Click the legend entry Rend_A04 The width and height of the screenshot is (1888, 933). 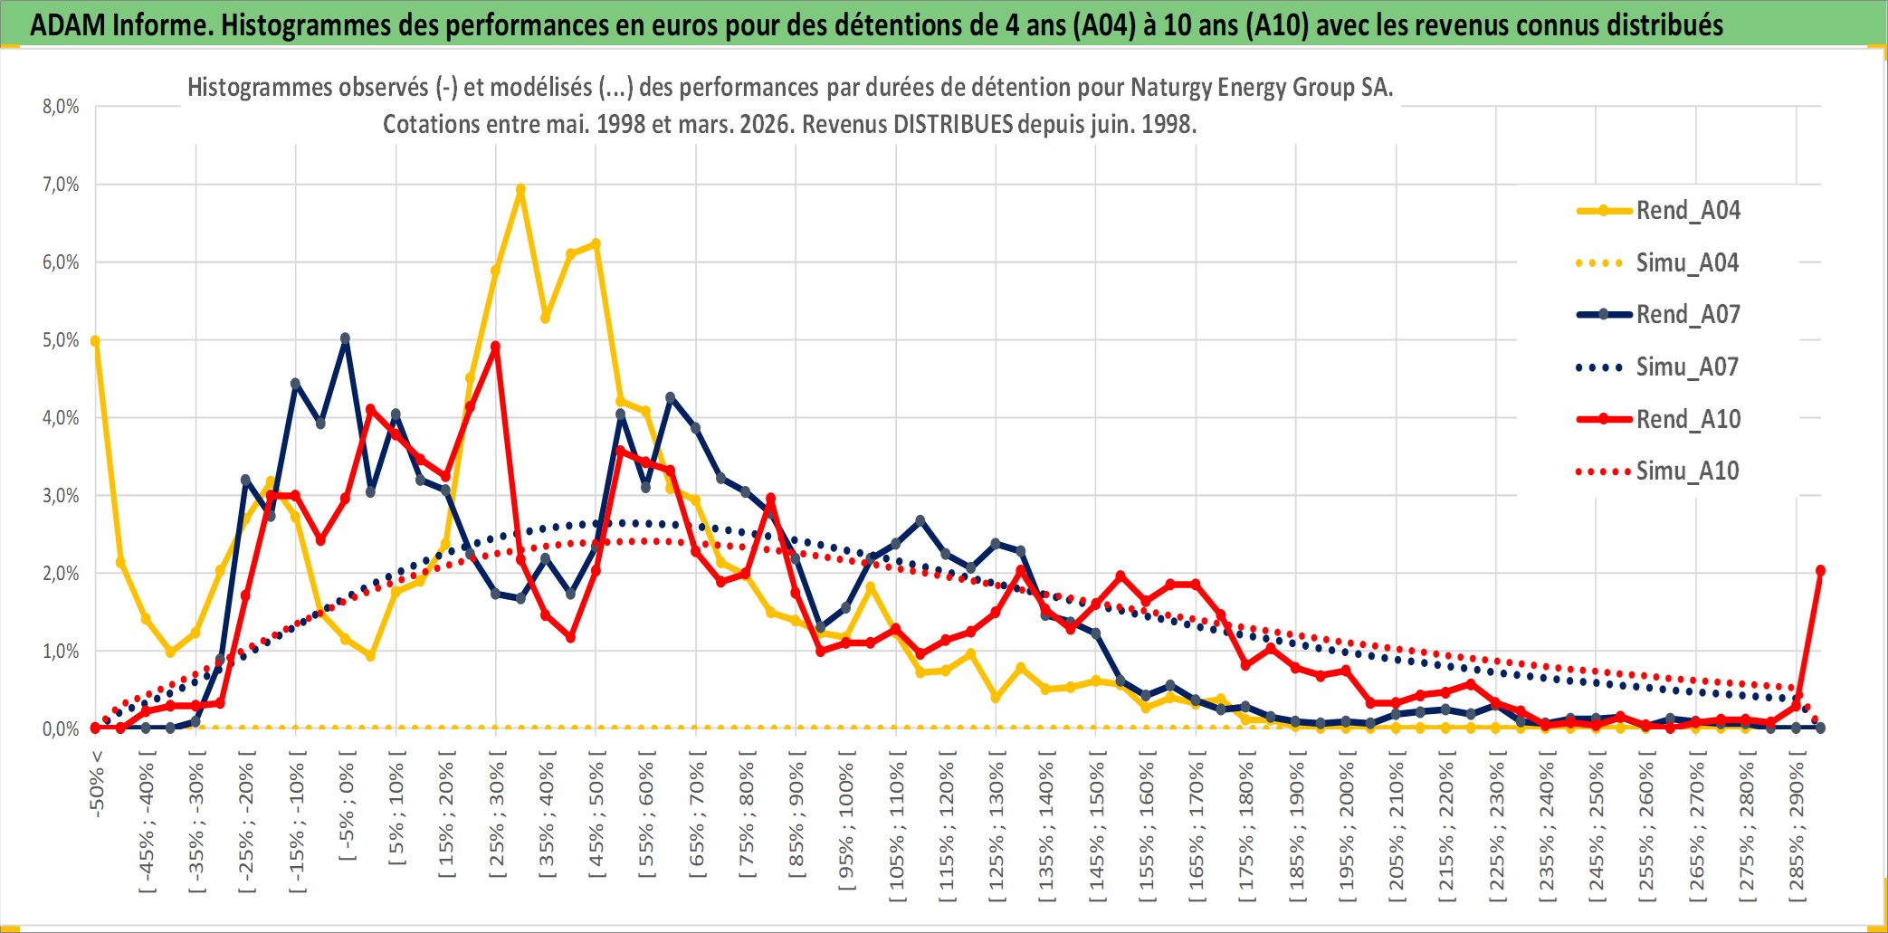[1687, 211]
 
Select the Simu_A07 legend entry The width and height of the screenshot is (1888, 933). [1687, 367]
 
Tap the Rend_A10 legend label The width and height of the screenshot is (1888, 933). [1688, 420]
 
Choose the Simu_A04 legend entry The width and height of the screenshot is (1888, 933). [1687, 263]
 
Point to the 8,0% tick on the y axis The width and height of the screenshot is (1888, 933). [61, 107]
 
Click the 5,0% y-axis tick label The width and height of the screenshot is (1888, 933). [61, 340]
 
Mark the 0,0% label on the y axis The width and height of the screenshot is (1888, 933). [61, 729]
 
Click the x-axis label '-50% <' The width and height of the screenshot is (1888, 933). [97, 784]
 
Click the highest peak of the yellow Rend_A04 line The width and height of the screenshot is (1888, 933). [520, 190]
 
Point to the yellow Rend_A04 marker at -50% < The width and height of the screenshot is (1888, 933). [95, 341]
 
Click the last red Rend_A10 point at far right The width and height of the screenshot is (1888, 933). [1820, 571]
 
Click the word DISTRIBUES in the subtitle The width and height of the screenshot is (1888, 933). [953, 124]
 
